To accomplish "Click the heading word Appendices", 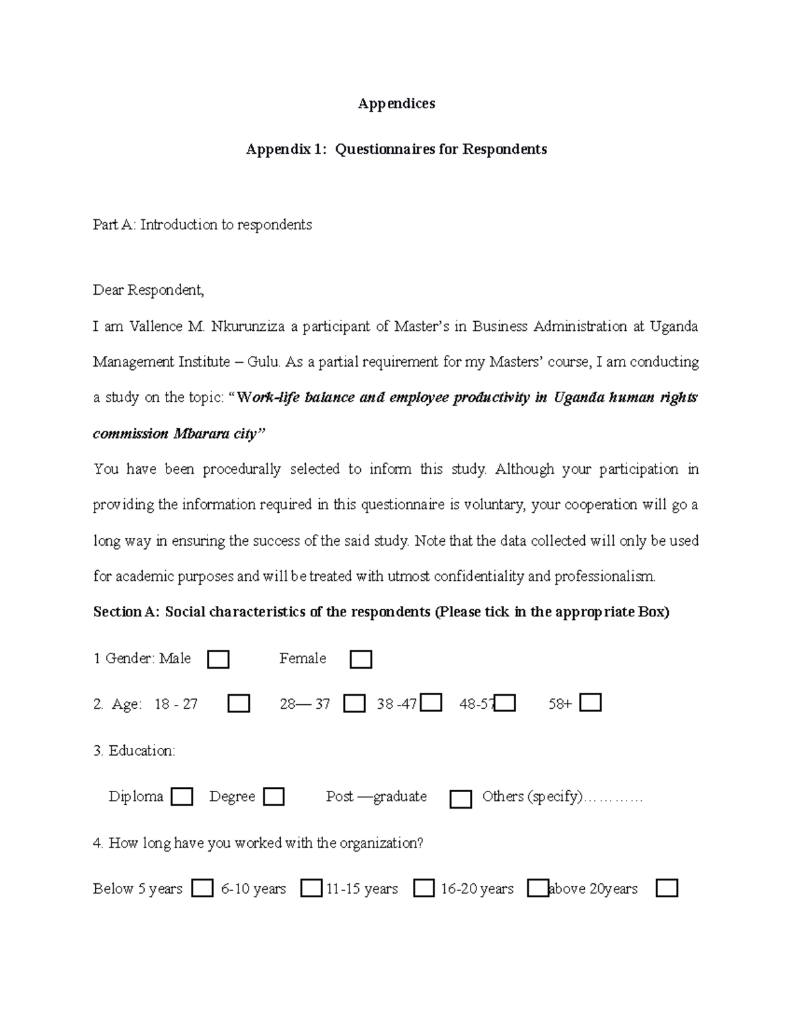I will (396, 104).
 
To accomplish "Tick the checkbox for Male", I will (218, 659).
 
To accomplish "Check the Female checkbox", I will (361, 659).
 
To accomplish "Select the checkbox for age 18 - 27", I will (239, 704).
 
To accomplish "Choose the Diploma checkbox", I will (182, 797).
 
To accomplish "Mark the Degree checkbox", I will (274, 797).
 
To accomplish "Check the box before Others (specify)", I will (461, 799).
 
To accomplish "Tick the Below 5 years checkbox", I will (202, 889).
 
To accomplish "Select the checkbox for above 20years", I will (667, 889).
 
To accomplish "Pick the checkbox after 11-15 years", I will (424, 889).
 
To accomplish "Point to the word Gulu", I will (263, 362).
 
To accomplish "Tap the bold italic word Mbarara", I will (198, 434).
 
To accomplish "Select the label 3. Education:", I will (134, 751).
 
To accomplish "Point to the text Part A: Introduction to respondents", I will (202, 225).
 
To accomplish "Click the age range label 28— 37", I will (304, 704).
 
